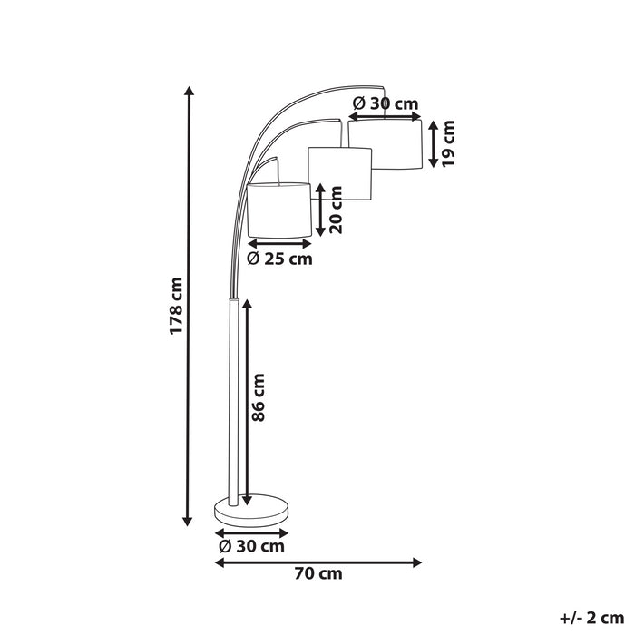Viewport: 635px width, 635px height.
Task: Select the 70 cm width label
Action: (x=318, y=573)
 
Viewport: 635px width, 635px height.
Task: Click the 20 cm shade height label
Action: (x=337, y=210)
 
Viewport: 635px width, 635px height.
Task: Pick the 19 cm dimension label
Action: (x=449, y=142)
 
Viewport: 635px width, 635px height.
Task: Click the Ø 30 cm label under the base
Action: (x=251, y=546)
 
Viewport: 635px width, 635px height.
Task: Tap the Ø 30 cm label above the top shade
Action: (x=385, y=103)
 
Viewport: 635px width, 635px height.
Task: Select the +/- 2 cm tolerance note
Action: (x=586, y=619)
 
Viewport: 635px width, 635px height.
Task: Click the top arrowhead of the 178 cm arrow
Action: (x=189, y=91)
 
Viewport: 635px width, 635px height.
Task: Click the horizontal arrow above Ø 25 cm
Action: (x=279, y=243)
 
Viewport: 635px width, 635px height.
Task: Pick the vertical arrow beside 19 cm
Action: (x=435, y=142)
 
